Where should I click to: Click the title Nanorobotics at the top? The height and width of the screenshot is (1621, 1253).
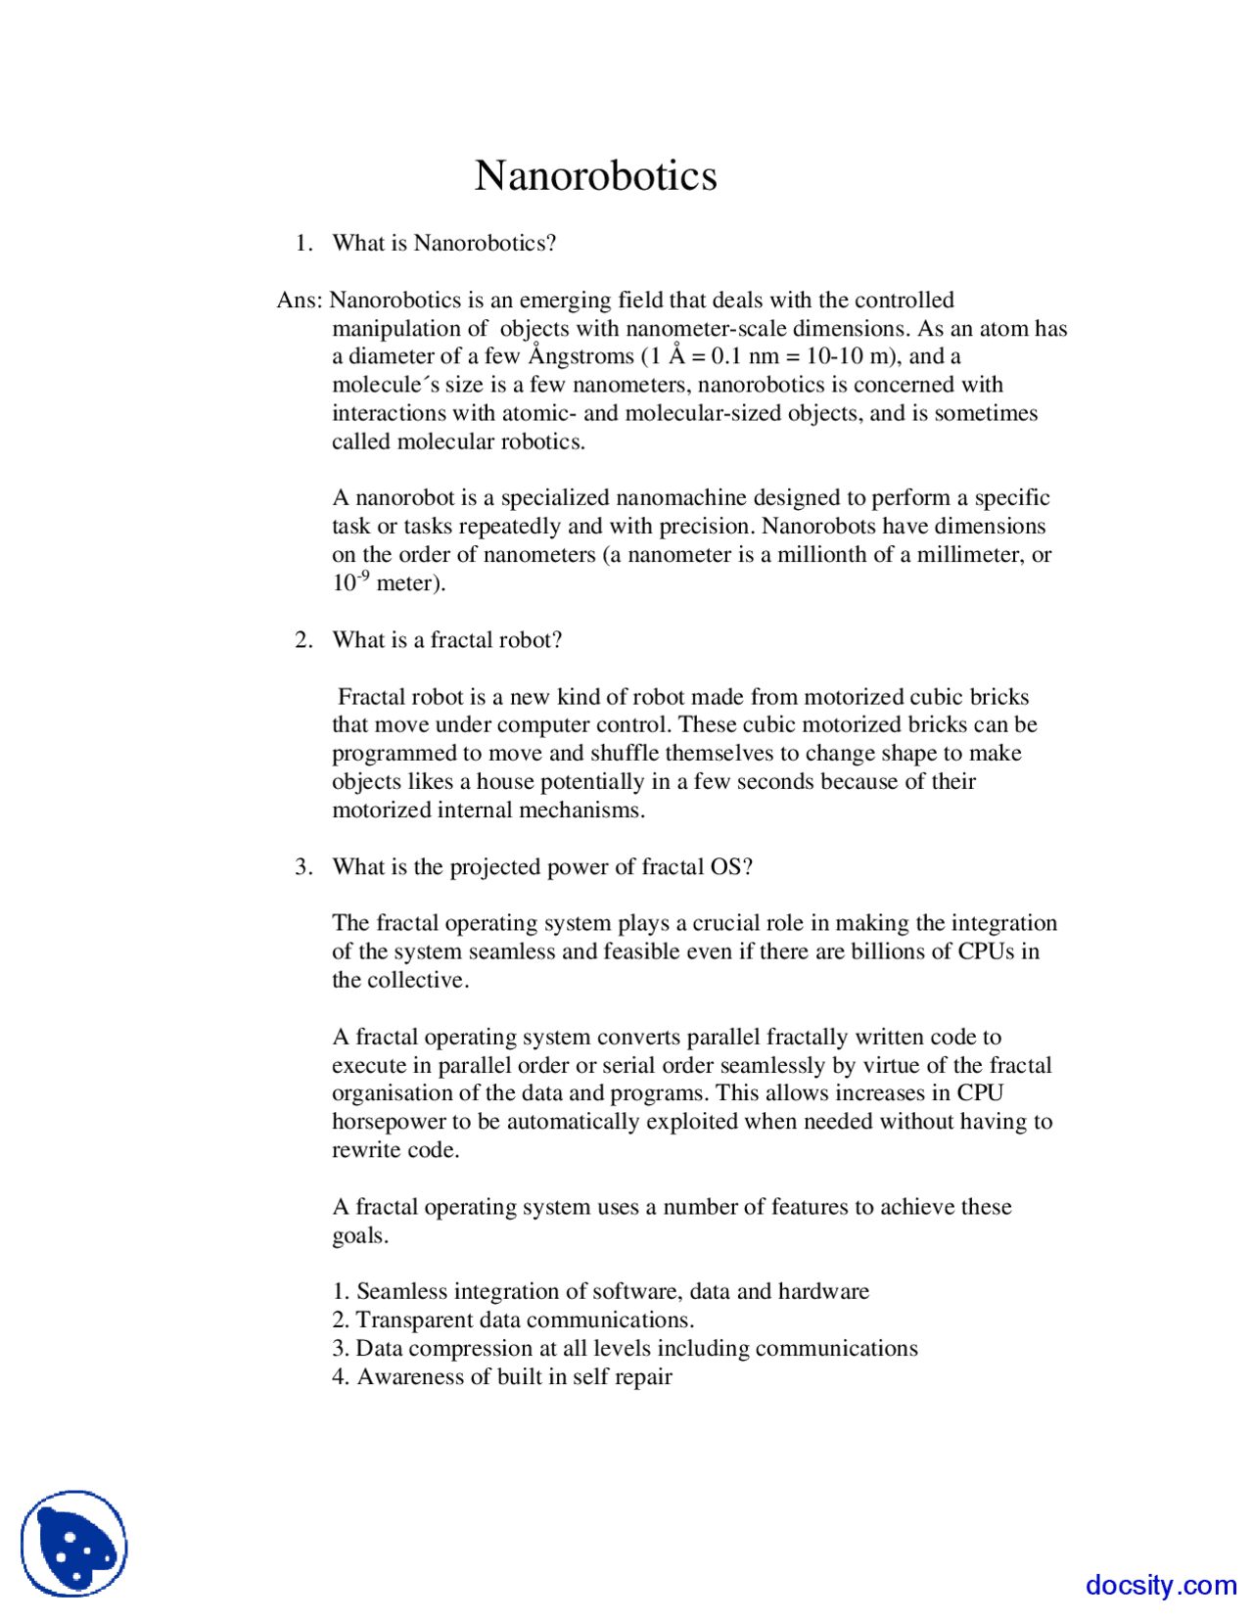point(595,176)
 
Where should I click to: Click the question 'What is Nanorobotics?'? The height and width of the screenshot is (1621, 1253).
point(443,243)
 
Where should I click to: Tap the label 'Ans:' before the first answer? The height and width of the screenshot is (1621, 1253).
point(299,300)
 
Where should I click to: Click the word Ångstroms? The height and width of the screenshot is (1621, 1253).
point(580,356)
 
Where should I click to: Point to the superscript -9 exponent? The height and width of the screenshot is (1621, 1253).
point(363,575)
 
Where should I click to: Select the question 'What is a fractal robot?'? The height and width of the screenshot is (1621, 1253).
point(446,639)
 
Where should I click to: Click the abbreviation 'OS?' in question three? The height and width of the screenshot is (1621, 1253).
point(731,866)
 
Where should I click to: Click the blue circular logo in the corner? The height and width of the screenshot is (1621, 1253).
point(74,1544)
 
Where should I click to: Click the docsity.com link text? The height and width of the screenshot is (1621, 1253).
point(1160,1585)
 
